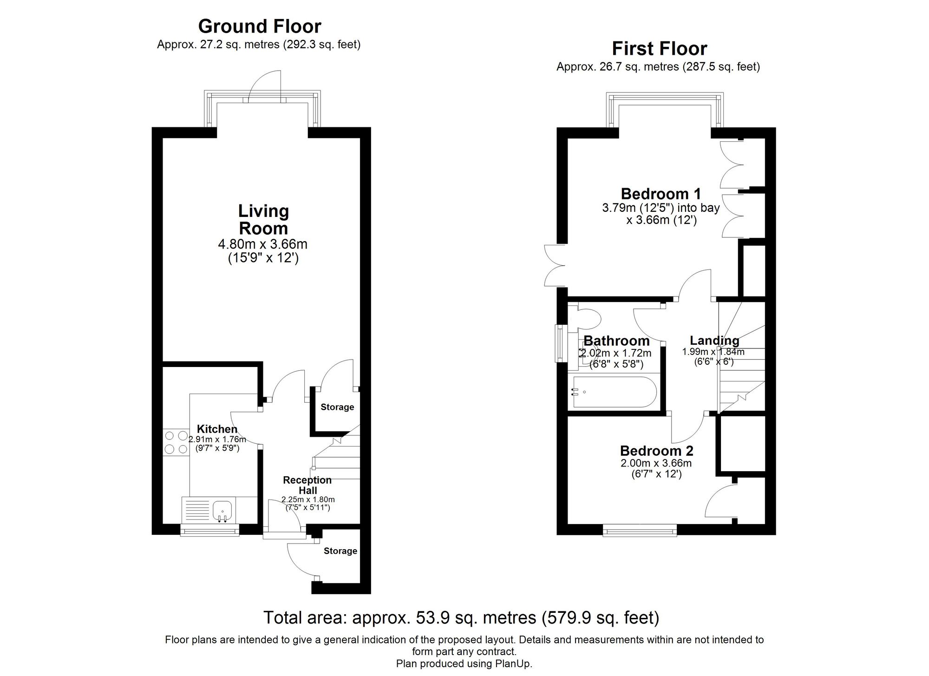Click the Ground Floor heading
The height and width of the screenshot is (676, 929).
(x=260, y=26)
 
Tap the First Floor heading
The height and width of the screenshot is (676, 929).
(x=659, y=49)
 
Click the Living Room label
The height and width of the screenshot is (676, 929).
(x=263, y=220)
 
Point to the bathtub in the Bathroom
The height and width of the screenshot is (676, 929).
(x=615, y=392)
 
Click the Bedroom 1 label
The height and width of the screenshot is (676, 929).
(x=661, y=194)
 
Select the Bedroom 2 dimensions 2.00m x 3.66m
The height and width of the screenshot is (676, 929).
(x=656, y=463)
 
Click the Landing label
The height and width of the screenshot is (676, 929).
(x=714, y=341)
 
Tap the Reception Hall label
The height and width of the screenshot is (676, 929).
(x=307, y=485)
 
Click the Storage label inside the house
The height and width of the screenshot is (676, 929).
(x=337, y=407)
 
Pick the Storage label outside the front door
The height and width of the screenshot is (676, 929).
(x=340, y=551)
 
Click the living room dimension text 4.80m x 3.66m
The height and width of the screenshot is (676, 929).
(x=262, y=244)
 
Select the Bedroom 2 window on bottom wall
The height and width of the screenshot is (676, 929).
(x=640, y=530)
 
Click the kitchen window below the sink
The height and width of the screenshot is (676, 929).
(x=209, y=530)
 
